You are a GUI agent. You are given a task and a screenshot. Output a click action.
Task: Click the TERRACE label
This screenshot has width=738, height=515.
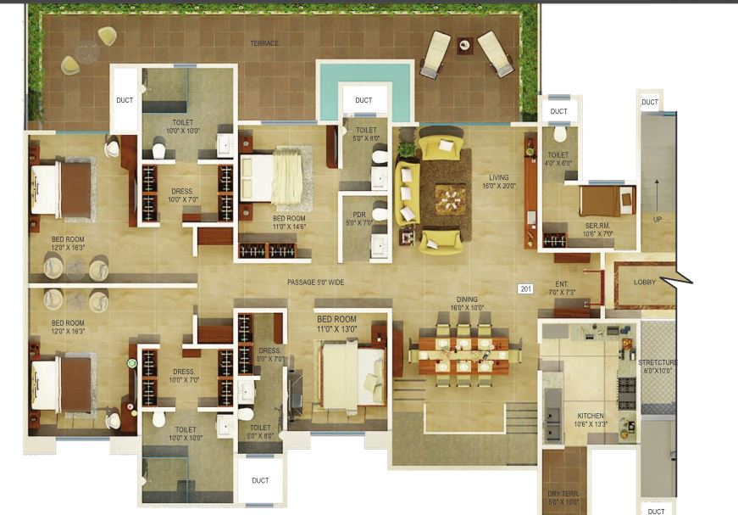264,43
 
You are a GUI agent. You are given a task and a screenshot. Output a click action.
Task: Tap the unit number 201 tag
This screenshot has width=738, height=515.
525,289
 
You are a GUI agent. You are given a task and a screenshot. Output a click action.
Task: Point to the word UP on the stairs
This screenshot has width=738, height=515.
657,218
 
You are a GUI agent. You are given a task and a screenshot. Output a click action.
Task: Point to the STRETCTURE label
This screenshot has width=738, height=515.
658,367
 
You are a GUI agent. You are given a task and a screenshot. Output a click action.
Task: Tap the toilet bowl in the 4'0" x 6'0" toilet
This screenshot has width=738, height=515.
560,134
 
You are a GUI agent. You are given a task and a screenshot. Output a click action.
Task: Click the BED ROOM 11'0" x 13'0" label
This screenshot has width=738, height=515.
336,324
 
